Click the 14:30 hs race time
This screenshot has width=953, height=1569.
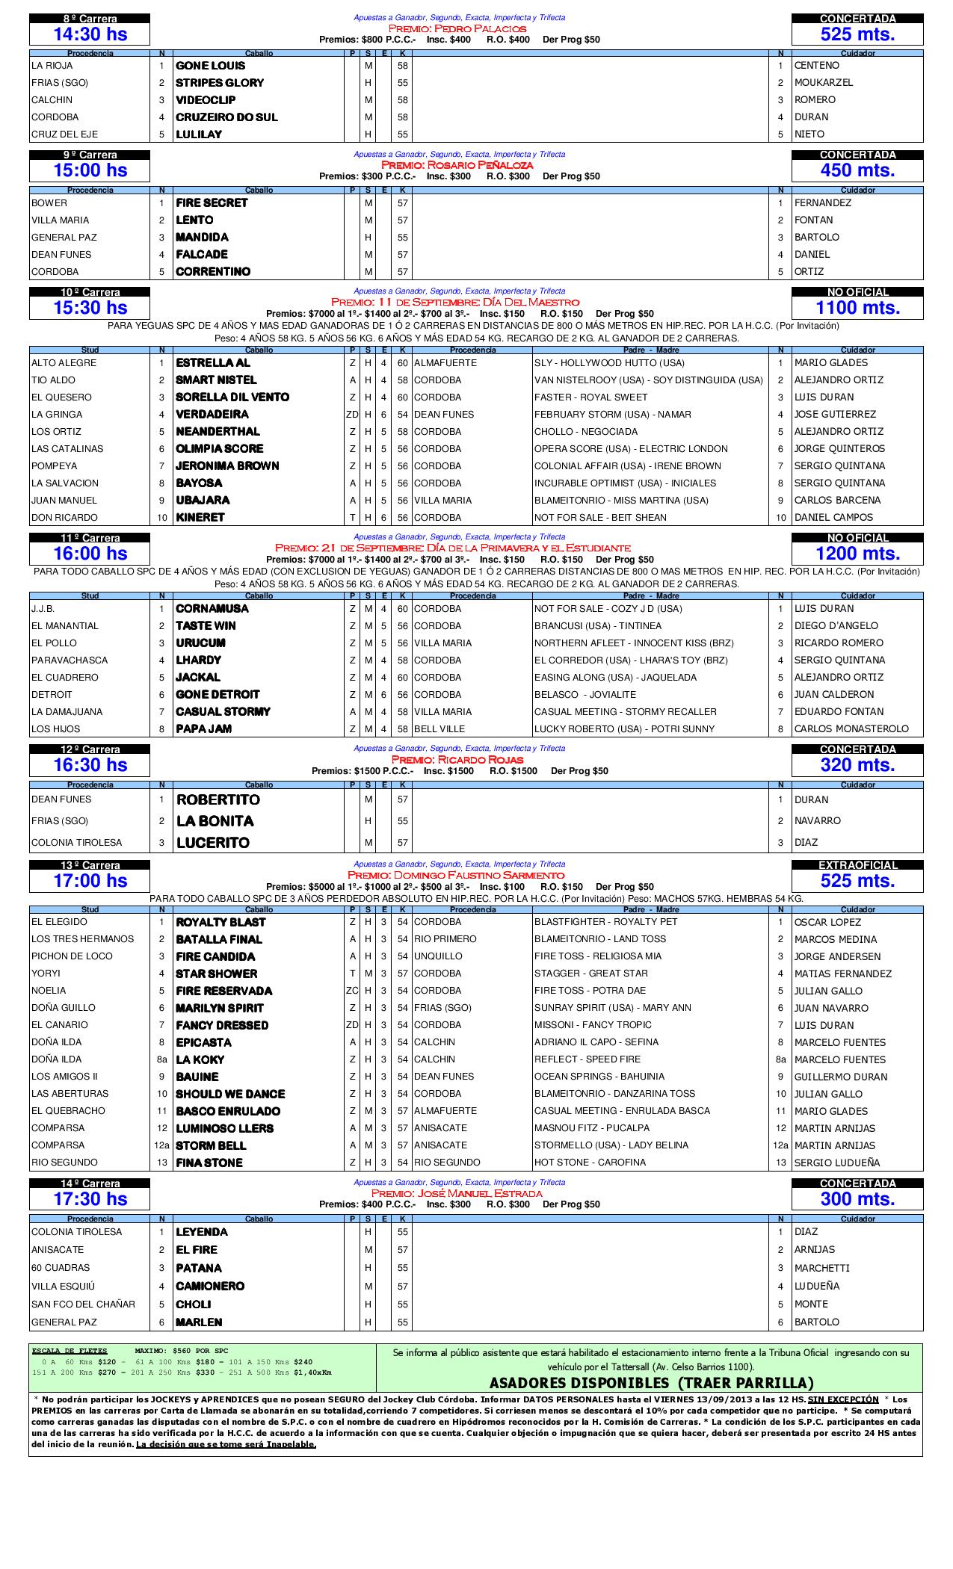click(90, 34)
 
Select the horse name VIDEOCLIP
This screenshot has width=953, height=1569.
click(206, 100)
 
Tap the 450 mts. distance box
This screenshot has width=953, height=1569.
click(857, 170)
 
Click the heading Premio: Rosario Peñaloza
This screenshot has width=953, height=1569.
click(457, 165)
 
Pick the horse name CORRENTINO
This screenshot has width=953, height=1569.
click(213, 272)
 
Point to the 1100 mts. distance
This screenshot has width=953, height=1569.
click(857, 308)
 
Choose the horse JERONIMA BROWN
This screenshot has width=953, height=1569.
click(227, 466)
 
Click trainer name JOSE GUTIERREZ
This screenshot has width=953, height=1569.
click(835, 415)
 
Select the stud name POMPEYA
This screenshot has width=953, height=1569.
click(54, 466)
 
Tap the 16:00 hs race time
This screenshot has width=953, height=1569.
click(90, 554)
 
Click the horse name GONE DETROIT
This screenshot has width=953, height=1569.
click(218, 695)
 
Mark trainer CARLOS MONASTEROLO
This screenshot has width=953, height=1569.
click(851, 729)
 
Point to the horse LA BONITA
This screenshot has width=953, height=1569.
click(215, 821)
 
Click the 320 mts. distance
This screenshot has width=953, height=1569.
click(857, 765)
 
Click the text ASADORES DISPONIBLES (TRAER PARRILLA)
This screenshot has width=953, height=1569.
click(651, 1383)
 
